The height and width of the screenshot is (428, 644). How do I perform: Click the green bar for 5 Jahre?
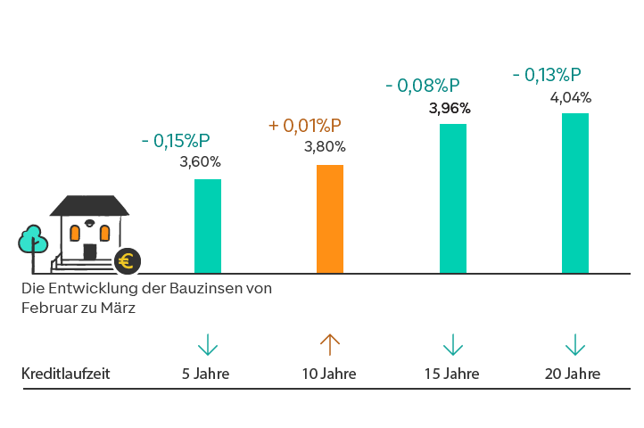207,226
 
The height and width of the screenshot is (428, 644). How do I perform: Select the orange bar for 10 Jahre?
330,218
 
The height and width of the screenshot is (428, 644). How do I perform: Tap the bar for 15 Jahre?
453,198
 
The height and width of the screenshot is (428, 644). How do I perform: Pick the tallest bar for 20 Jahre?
575,193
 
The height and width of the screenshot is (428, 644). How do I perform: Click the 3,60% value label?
200,162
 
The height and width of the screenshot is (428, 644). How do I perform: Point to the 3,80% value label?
325,147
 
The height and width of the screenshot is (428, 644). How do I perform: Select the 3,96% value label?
450,109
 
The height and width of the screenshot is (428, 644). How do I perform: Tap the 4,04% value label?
571,97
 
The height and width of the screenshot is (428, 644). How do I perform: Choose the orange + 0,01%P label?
305,126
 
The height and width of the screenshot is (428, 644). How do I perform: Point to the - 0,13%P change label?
547,75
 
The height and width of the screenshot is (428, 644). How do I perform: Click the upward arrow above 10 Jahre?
330,344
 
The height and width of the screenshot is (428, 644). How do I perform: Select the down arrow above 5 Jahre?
207,344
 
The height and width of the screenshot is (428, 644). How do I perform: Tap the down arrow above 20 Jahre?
575,344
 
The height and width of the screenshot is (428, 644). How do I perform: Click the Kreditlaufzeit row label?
66,374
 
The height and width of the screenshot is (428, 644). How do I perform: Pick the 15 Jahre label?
452,374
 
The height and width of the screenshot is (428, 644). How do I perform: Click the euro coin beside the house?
128,261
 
